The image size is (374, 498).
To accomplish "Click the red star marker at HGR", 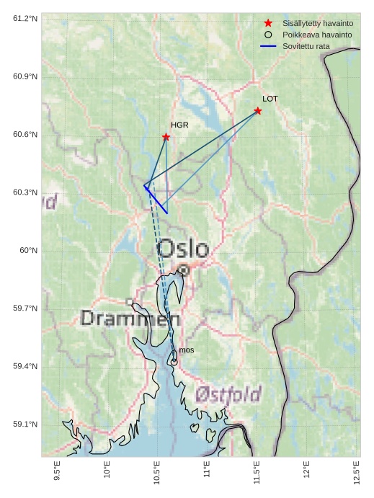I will click(x=166, y=137).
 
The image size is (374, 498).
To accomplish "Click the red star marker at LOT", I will click(x=257, y=111).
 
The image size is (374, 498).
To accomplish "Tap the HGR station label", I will click(x=179, y=125).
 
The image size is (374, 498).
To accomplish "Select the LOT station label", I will click(x=270, y=99).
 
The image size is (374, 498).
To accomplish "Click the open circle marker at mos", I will click(x=174, y=362).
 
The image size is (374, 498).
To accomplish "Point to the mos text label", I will click(x=187, y=350).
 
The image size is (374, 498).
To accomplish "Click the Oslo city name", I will click(x=183, y=249).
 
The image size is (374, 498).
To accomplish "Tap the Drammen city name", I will click(x=130, y=318).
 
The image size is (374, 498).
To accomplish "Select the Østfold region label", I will click(x=228, y=394).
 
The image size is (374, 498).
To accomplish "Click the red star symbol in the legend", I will click(x=268, y=23).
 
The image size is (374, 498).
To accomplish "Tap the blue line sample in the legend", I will click(x=268, y=46).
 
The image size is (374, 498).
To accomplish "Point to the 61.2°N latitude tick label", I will click(x=25, y=18).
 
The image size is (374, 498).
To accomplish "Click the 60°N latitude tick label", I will click(x=28, y=250).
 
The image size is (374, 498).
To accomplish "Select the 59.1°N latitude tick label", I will click(x=25, y=424).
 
